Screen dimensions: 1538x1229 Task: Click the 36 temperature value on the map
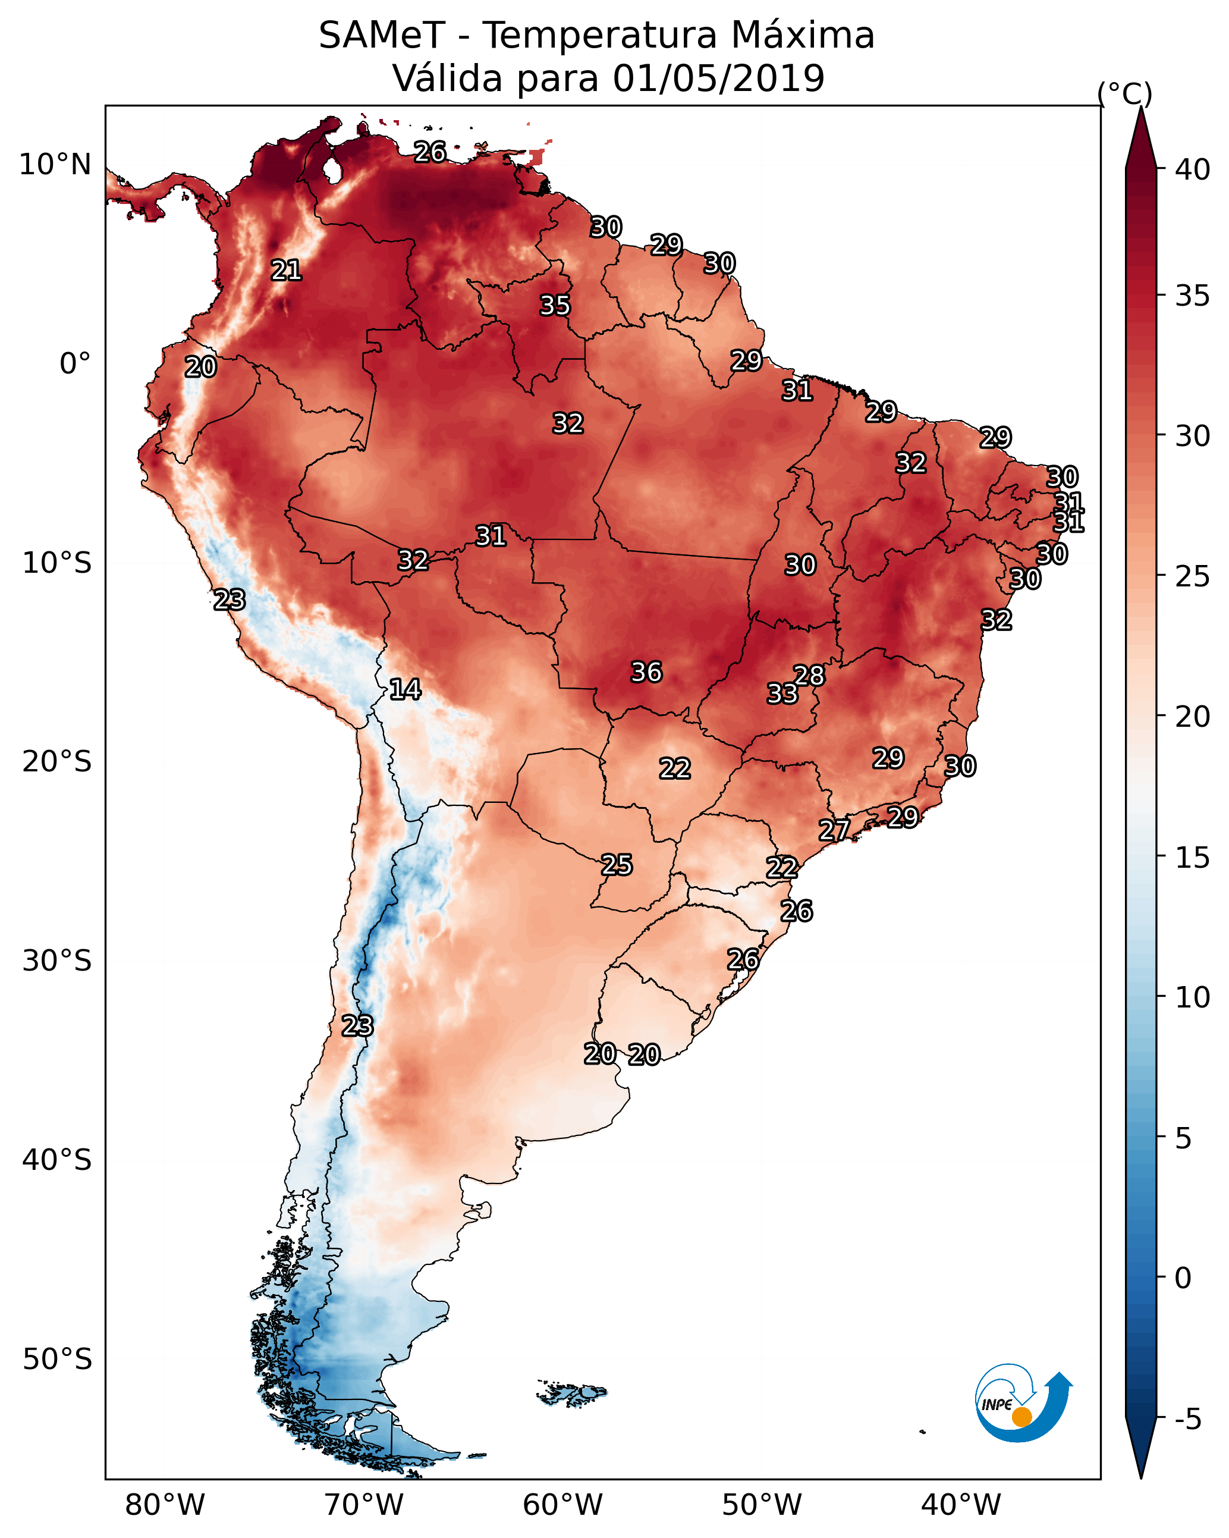(x=646, y=672)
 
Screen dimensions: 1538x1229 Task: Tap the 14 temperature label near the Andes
(x=405, y=689)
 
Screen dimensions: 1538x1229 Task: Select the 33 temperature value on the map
(x=782, y=693)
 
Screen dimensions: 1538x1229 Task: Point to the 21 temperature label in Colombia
(x=286, y=271)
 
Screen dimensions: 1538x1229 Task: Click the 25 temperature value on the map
(x=616, y=865)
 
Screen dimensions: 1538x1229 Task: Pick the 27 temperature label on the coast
(x=834, y=830)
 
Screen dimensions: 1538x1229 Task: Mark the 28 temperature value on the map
(x=809, y=675)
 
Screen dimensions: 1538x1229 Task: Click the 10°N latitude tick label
(x=55, y=165)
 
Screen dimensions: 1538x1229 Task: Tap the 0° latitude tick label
(x=75, y=364)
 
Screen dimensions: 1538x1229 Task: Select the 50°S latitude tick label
(x=57, y=1360)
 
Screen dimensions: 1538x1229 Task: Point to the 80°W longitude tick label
(x=165, y=1505)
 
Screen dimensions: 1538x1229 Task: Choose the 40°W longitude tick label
(x=961, y=1505)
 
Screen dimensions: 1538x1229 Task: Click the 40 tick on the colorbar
(x=1192, y=170)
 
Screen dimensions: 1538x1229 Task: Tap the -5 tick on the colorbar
(x=1187, y=1420)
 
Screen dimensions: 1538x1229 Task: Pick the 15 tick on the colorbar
(x=1192, y=858)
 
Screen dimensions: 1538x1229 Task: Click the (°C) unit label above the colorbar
(x=1125, y=93)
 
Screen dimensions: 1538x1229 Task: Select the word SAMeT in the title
(x=382, y=36)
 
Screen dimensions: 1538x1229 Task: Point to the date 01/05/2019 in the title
(x=718, y=79)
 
